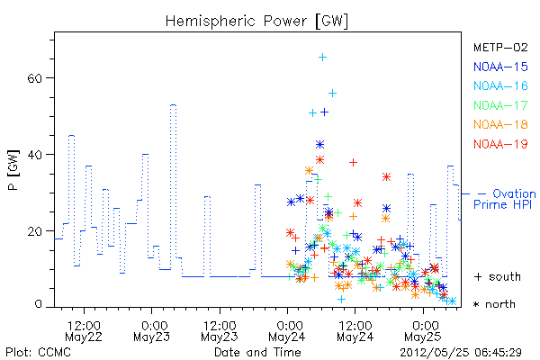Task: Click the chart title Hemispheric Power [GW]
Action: click(256, 22)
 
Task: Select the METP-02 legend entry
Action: click(500, 47)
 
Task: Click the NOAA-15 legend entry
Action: click(500, 67)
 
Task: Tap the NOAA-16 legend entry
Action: click(500, 85)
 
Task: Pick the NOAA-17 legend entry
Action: click(500, 105)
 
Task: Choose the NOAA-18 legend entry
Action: click(500, 124)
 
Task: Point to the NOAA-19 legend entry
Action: click(500, 144)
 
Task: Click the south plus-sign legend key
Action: click(478, 276)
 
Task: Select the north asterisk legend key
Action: click(477, 304)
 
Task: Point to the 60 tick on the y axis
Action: click(34, 78)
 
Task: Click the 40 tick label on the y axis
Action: click(34, 155)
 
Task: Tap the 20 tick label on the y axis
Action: click(34, 231)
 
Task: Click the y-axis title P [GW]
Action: click(13, 170)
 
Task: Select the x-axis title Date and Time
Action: click(257, 352)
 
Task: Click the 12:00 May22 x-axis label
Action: click(84, 331)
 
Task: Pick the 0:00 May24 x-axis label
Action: click(287, 331)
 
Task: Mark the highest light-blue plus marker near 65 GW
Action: click(322, 58)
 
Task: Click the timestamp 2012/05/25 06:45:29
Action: click(461, 353)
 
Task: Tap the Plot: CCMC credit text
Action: click(38, 352)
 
